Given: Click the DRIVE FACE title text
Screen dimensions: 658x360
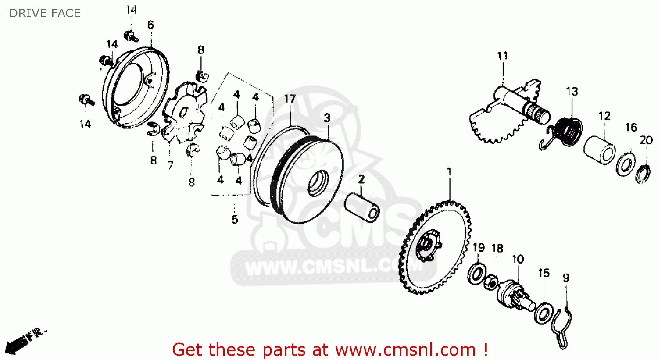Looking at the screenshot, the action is [x=45, y=13].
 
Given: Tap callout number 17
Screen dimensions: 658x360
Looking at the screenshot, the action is [x=290, y=99].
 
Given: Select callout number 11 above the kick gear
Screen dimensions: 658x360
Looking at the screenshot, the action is [x=502, y=56].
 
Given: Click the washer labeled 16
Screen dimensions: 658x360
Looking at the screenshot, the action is [x=626, y=165].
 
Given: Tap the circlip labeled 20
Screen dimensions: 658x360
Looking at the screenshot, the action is [x=643, y=175].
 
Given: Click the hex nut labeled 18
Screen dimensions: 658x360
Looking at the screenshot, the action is [x=491, y=283].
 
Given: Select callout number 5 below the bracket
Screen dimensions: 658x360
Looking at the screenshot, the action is [x=234, y=219].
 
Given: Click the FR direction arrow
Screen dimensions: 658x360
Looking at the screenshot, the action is [x=25, y=341].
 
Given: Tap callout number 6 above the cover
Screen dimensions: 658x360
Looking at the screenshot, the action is [x=150, y=25].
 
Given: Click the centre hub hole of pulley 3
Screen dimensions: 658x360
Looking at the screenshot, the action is [x=318, y=184].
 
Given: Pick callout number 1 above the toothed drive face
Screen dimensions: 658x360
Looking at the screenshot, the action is [x=449, y=171].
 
